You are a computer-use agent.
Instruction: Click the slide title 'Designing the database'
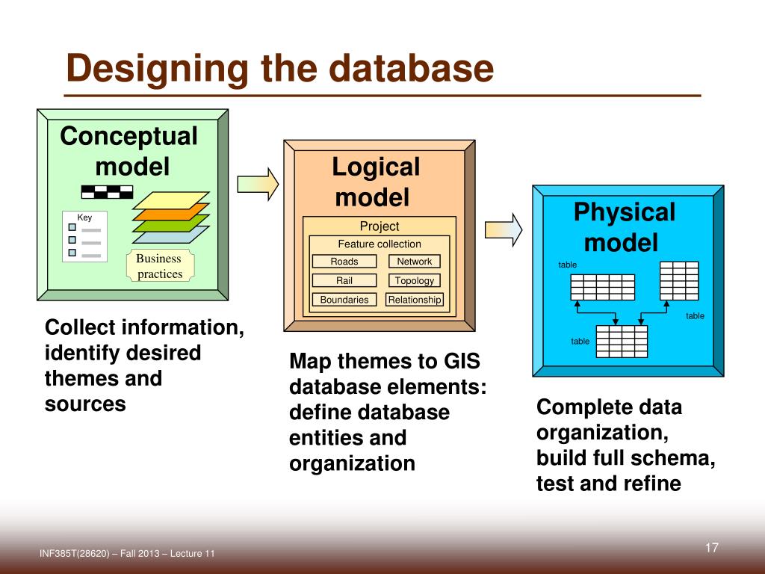point(279,70)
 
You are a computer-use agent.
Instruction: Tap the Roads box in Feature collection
point(344,262)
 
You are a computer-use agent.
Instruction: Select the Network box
point(414,262)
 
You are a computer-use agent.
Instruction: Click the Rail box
point(344,281)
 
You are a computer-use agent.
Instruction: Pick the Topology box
point(414,281)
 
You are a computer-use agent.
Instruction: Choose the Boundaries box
point(344,300)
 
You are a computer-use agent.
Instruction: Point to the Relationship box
point(415,300)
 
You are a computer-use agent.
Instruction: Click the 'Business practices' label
point(159,266)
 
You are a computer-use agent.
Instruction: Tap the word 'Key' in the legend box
point(84,217)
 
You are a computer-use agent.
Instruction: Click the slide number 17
point(711,549)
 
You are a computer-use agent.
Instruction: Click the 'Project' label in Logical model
point(380,226)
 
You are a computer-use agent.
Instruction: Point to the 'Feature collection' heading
point(380,244)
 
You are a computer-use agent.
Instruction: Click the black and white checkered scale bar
point(107,191)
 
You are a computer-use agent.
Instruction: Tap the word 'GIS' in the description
point(462,362)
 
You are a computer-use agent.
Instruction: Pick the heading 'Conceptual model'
point(129,151)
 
